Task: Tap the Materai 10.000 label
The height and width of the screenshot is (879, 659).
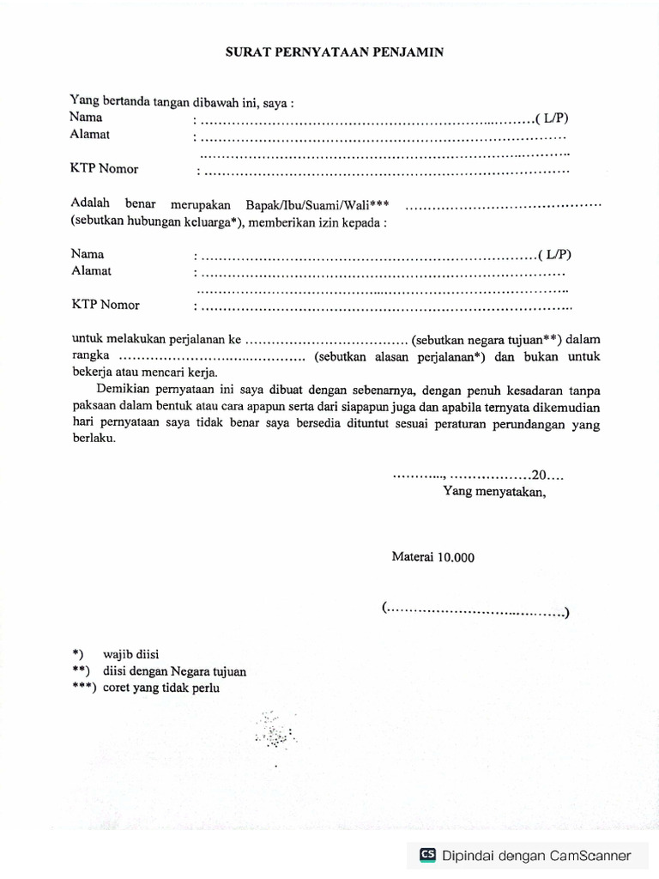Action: pyautogui.click(x=432, y=557)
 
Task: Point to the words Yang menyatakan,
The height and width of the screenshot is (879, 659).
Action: pyautogui.click(x=493, y=492)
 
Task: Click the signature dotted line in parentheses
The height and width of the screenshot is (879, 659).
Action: pyautogui.click(x=476, y=611)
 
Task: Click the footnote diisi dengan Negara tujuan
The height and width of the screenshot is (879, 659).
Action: pyautogui.click(x=174, y=671)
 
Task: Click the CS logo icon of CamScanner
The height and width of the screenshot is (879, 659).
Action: pyautogui.click(x=427, y=855)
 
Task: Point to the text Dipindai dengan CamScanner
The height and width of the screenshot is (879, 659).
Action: pyautogui.click(x=536, y=855)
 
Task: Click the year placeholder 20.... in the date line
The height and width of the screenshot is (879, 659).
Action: pyautogui.click(x=547, y=475)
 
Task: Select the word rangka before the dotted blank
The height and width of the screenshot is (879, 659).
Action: pyautogui.click(x=90, y=356)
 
